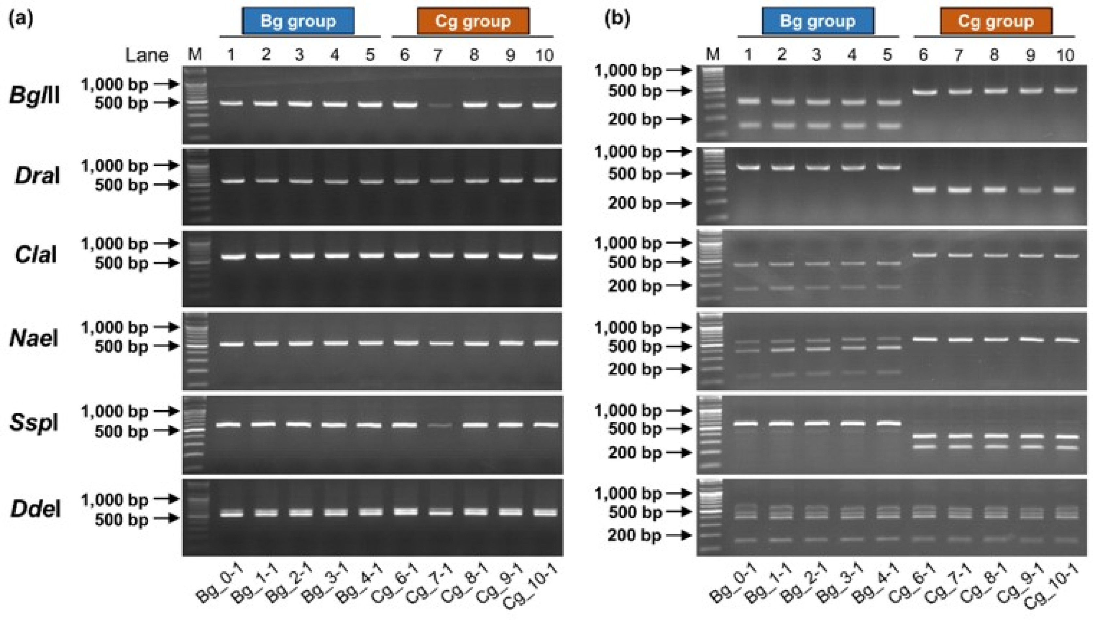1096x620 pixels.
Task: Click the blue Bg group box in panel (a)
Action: tap(298, 21)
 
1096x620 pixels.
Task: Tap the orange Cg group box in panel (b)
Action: tap(996, 21)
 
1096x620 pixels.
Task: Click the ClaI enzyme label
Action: tap(36, 255)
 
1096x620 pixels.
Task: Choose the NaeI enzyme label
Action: tap(34, 338)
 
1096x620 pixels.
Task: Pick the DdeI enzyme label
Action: tap(35, 509)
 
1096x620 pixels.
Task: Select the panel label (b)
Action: tap(617, 19)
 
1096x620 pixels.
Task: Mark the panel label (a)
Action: tap(21, 19)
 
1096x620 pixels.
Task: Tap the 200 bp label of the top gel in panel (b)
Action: tap(635, 119)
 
